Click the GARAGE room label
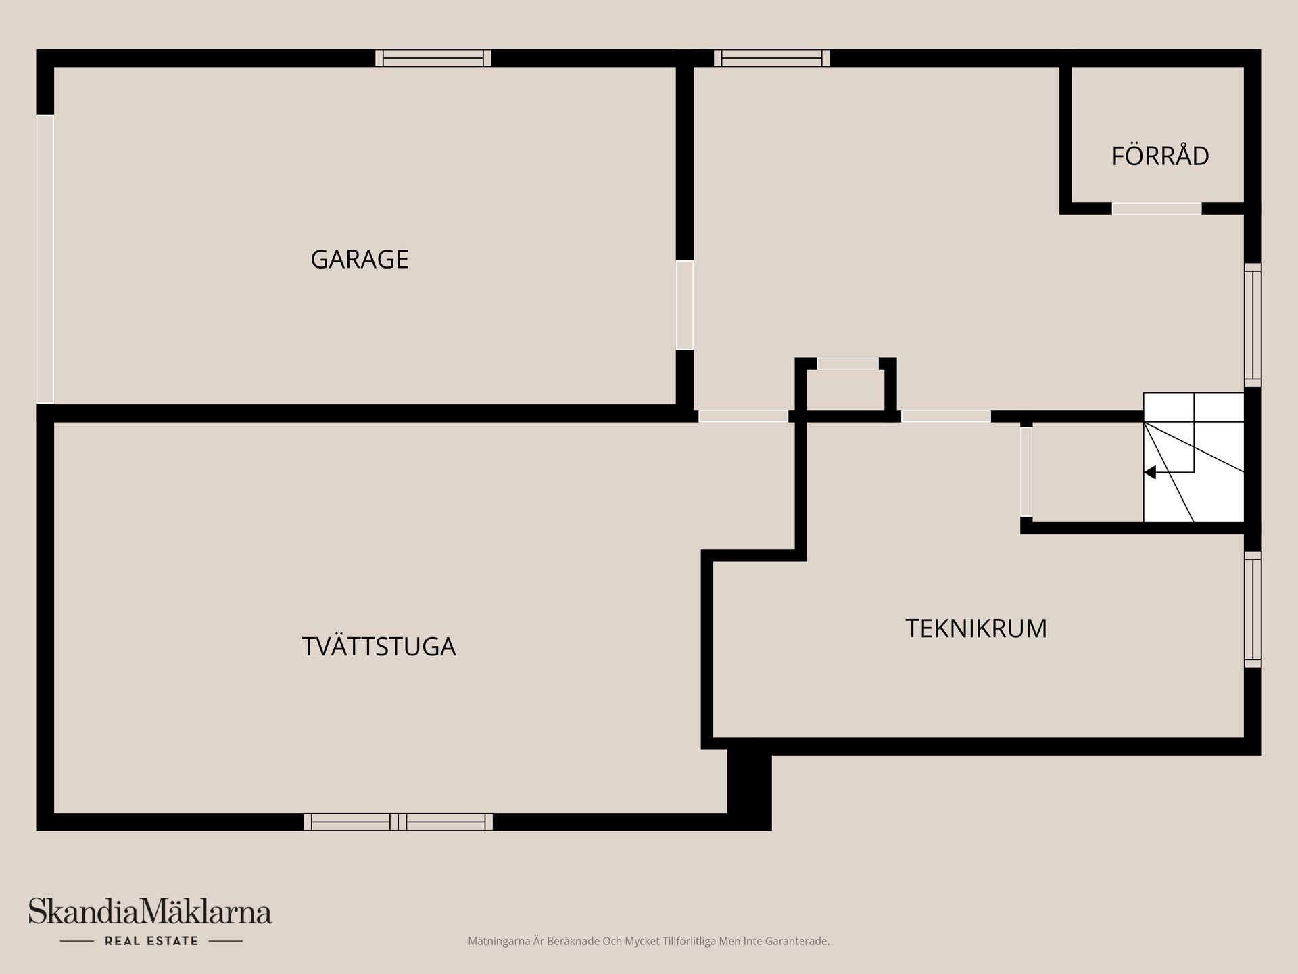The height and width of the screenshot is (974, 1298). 359,259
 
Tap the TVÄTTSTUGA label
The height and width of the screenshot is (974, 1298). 379,646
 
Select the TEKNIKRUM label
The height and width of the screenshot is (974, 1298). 976,628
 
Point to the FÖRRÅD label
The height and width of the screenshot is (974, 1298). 1160,155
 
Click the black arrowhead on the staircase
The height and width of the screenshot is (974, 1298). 1150,472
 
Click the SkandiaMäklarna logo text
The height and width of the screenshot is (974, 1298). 150,911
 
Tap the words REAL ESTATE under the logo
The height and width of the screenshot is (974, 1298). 151,941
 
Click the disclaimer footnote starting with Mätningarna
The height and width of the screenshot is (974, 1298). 648,941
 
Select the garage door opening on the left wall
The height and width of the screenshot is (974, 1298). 45,259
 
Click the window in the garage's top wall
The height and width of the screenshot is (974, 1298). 433,58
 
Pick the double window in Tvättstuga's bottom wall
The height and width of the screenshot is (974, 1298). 398,822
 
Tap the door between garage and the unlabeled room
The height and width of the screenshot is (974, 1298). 685,305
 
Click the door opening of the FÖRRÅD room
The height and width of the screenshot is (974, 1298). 1157,209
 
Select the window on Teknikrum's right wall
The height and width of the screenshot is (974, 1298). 1253,609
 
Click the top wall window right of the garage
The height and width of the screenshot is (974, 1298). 771,58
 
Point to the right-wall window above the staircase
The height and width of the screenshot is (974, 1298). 1253,325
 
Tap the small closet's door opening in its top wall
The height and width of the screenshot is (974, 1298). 848,364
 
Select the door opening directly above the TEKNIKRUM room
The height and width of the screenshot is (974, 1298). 946,417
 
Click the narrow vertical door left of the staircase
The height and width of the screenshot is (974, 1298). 1026,472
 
